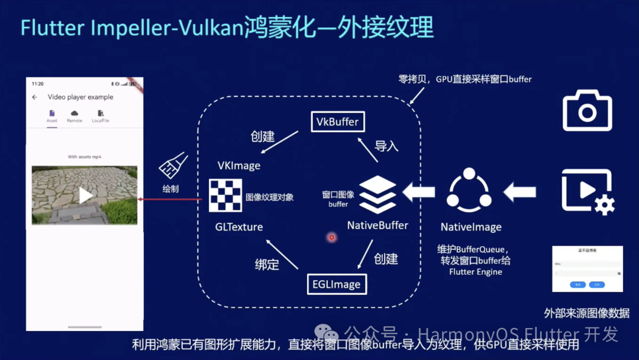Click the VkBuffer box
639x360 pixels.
pyautogui.click(x=337, y=122)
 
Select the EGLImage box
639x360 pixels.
pyautogui.click(x=337, y=284)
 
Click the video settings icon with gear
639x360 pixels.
pyautogui.click(x=587, y=191)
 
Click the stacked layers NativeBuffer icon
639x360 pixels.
pyautogui.click(x=377, y=194)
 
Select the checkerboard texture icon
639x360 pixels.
pyautogui.click(x=225, y=195)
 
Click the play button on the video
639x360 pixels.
pyautogui.click(x=86, y=195)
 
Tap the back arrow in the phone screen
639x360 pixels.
pyautogui.click(x=34, y=97)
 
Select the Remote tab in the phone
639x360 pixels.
pyautogui.click(x=75, y=116)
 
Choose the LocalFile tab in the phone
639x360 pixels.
pyautogui.click(x=100, y=116)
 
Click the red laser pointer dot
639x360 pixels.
pyautogui.click(x=332, y=237)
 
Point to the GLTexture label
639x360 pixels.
pyautogui.click(x=239, y=227)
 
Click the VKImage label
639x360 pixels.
pyautogui.click(x=239, y=166)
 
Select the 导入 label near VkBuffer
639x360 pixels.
pyautogui.click(x=386, y=146)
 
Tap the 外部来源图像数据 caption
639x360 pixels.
pyautogui.click(x=587, y=313)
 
